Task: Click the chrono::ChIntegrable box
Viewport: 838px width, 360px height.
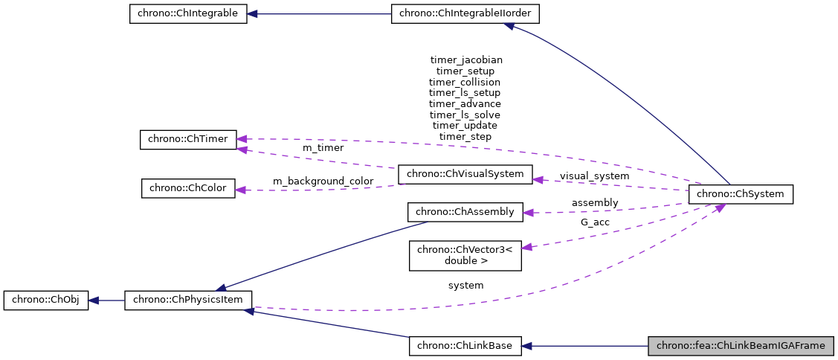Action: coord(187,14)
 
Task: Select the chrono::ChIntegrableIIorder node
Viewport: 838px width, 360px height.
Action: coord(465,14)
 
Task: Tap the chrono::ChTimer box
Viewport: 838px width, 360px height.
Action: coord(188,139)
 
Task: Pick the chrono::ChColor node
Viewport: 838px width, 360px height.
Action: coord(188,188)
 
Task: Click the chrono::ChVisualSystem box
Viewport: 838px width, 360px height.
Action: coord(465,175)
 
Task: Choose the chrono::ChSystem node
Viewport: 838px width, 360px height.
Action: coord(741,195)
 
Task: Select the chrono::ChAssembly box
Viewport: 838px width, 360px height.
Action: coord(465,212)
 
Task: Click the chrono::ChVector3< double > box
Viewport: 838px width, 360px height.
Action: coord(465,255)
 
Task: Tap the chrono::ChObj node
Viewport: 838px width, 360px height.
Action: coord(46,300)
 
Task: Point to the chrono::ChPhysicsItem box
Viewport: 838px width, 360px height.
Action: coord(188,300)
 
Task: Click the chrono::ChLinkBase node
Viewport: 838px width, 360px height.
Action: coord(465,346)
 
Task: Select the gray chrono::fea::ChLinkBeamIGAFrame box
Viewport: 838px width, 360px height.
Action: coord(741,346)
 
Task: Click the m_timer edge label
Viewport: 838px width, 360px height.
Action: coord(323,148)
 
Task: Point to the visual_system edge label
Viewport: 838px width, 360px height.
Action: coord(594,176)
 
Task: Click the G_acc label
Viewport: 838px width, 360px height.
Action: coord(594,222)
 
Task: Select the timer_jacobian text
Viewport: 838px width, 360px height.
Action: coord(465,60)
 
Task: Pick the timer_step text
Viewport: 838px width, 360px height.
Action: coord(465,137)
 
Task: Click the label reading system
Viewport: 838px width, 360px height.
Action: coord(465,285)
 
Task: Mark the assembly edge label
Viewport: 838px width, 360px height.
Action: coord(594,202)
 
